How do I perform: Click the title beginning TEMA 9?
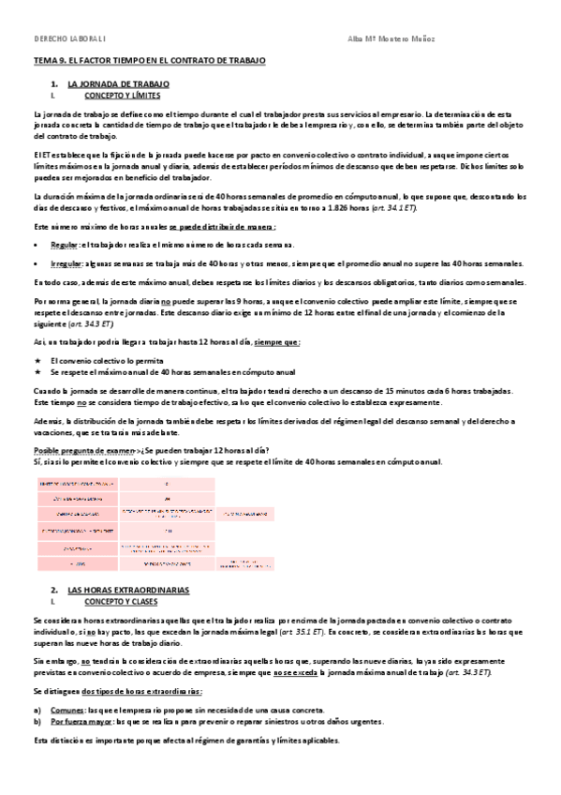(x=150, y=60)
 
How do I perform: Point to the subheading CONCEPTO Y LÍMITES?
(x=123, y=96)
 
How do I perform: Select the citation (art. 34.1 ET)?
(x=399, y=206)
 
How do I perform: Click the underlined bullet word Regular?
(x=65, y=244)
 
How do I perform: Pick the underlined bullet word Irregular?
(x=66, y=264)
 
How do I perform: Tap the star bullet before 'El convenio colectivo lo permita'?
(x=38, y=360)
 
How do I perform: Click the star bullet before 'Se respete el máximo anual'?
(x=38, y=372)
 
